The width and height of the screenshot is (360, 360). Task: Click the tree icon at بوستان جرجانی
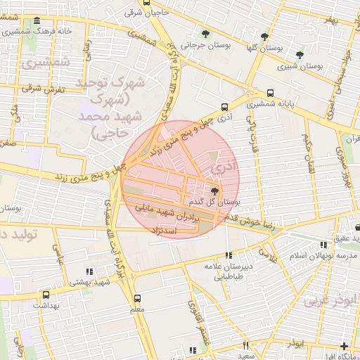205,33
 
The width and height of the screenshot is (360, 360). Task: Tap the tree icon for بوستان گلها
264,37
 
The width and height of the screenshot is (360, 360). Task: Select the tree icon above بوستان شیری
300,54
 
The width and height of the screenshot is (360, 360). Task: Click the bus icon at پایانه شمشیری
271,93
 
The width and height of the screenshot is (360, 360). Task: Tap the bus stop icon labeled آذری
224,108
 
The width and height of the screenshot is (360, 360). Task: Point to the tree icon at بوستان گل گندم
214,191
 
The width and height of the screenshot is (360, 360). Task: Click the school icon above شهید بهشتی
89,271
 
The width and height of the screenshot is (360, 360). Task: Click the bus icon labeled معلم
137,297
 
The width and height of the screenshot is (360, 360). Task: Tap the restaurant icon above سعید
245,345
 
